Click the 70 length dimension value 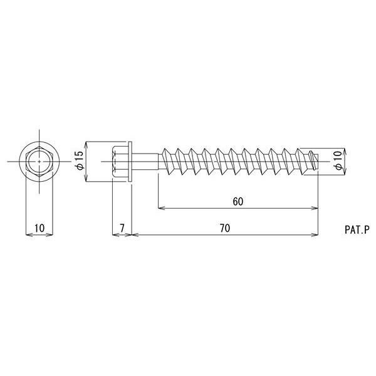tap(225, 228)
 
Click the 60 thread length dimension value tap(238, 202)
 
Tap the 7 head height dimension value tap(122, 228)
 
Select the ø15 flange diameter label tap(80, 160)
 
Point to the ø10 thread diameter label tap(338, 160)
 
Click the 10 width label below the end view tap(39, 228)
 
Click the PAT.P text tap(356, 230)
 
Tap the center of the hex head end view tap(39, 162)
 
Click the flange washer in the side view tap(130, 162)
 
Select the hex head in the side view tap(120, 162)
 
